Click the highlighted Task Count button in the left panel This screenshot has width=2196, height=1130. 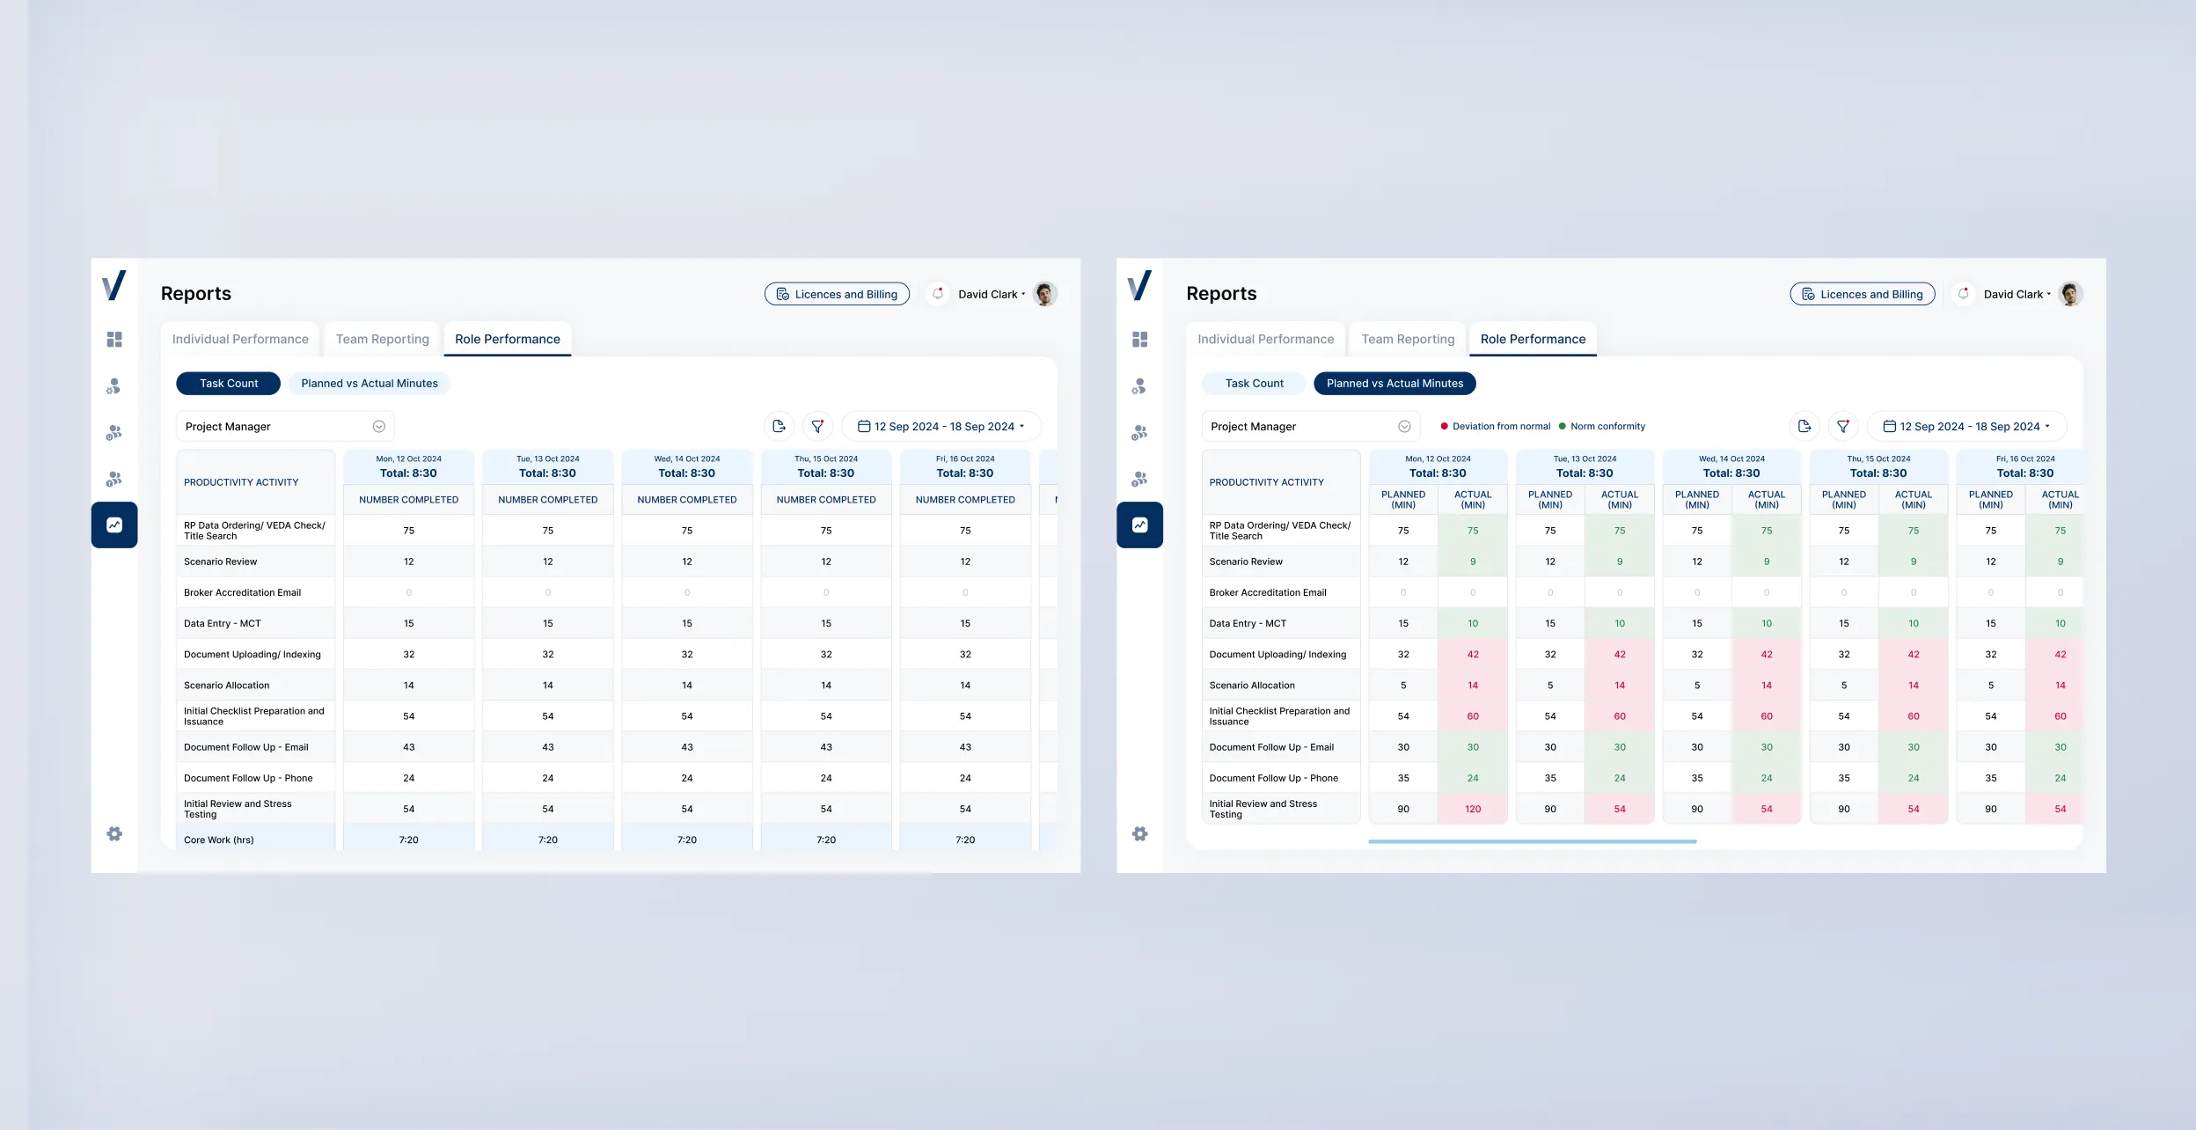click(228, 384)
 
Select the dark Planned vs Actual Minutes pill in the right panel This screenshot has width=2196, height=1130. click(1394, 384)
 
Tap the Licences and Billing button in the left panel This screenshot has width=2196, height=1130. click(837, 294)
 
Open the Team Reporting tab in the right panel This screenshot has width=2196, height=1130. click(1408, 340)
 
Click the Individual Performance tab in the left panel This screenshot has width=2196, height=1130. click(240, 340)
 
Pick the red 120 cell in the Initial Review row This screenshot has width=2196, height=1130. click(1473, 809)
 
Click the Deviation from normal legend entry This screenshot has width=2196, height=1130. click(1496, 427)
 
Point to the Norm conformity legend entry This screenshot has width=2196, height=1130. click(1603, 427)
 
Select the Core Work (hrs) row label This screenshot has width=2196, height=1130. click(219, 840)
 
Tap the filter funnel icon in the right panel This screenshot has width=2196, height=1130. click(1842, 427)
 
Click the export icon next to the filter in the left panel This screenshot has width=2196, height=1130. click(779, 427)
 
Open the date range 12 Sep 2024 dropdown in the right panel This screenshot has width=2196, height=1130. click(1967, 427)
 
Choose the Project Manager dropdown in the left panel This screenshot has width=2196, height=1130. click(285, 427)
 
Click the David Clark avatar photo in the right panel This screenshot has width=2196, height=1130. click(2071, 294)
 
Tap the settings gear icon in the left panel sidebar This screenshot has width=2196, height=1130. click(114, 833)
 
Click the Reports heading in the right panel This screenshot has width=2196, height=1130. click(1221, 294)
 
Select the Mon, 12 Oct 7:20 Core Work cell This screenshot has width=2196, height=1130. click(408, 840)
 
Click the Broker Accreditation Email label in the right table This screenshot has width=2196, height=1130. click(1267, 593)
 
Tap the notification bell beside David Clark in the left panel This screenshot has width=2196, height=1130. click(938, 294)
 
